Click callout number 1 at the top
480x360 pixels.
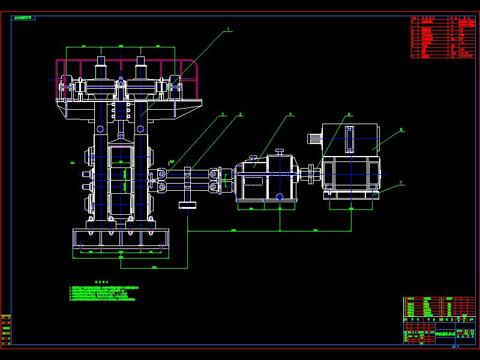(228, 29)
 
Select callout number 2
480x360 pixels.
(223, 114)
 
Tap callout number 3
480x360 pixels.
(241, 114)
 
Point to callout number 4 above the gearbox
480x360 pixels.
(290, 113)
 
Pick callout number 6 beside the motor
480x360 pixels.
(401, 129)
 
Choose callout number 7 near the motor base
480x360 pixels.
(401, 182)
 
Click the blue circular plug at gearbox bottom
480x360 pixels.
(279, 196)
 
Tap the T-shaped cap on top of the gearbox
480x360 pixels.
(278, 151)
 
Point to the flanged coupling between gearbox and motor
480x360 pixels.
(311, 175)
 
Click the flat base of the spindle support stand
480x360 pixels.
(188, 207)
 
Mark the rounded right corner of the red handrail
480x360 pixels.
(193, 62)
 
